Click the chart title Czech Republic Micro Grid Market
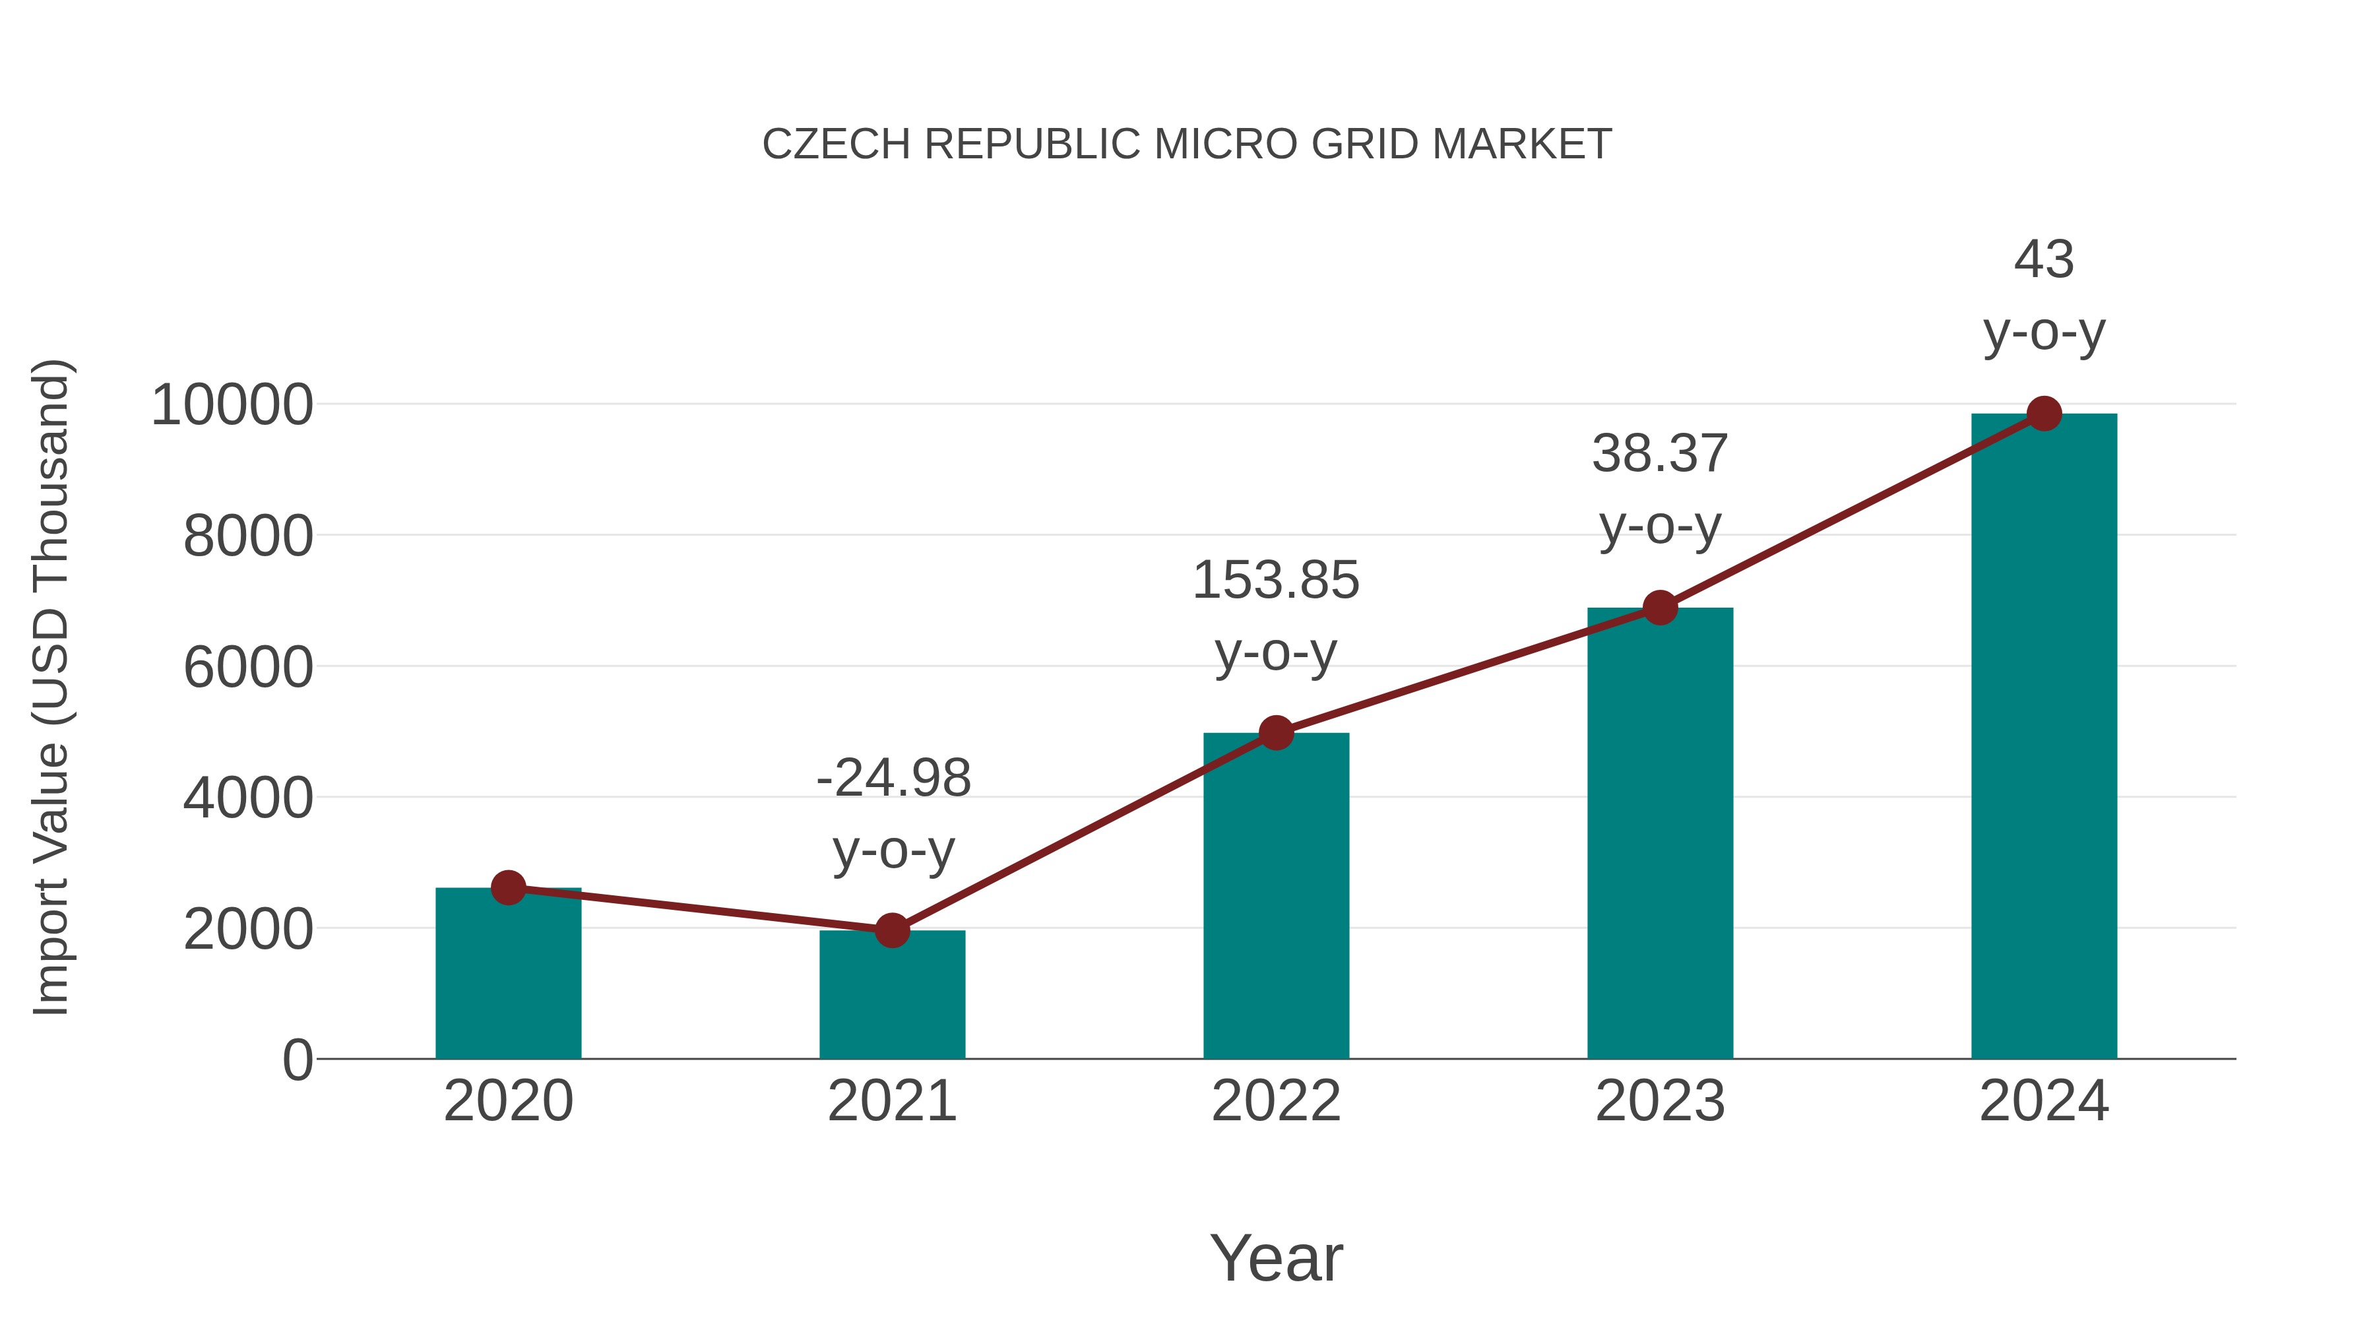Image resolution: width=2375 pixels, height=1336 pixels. tap(1187, 144)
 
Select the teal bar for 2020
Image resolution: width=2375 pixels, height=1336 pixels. tap(508, 977)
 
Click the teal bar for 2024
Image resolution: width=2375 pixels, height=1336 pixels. tap(2044, 738)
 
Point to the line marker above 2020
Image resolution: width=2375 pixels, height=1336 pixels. tap(508, 888)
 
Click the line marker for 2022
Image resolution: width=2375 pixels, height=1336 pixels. tap(1276, 733)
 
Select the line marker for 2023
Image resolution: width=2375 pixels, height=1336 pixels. tap(1660, 608)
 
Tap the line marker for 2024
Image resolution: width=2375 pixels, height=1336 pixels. tap(2044, 414)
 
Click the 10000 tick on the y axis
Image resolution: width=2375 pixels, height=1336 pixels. tap(232, 405)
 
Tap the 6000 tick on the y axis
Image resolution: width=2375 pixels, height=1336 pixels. tap(248, 668)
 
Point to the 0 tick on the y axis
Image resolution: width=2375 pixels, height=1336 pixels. tap(297, 1060)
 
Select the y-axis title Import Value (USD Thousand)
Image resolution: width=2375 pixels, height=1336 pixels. tap(51, 687)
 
